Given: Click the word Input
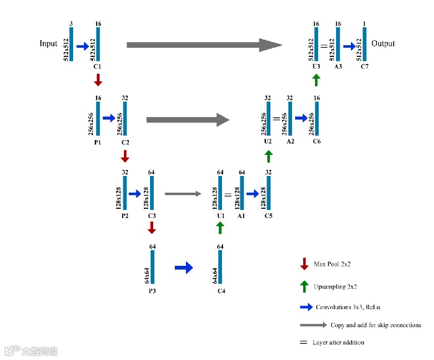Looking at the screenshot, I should [48, 44].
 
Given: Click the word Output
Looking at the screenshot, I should [383, 44].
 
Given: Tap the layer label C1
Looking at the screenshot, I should [97, 66].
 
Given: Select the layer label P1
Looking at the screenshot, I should [97, 142].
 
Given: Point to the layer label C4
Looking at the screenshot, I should [221, 291].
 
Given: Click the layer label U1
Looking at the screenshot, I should [220, 216].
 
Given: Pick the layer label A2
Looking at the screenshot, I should [290, 142].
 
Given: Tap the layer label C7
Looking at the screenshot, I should [364, 66].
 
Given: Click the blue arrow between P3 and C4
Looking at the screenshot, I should [184, 268].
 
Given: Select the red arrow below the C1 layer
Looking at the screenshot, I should [97, 79].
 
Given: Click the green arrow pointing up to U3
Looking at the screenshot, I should [316, 79].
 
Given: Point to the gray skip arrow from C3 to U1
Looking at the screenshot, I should [184, 194].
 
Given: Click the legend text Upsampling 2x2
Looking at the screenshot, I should [335, 287].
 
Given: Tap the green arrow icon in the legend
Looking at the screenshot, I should [304, 286].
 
